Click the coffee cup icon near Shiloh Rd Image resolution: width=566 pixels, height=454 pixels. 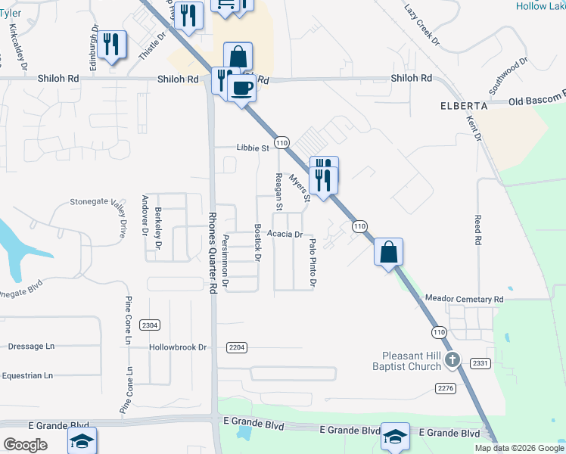241,88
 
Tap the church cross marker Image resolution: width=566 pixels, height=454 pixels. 452,359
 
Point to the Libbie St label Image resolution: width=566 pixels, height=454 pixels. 253,148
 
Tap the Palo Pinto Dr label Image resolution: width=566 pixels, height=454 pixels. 312,263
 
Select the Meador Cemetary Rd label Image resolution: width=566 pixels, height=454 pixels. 465,300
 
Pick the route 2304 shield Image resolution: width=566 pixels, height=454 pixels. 150,325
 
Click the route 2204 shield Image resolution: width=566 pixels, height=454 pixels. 237,347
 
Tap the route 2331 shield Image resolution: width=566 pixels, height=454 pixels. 480,363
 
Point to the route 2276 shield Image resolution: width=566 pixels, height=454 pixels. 446,388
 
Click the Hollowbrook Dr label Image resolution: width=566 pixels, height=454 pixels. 178,347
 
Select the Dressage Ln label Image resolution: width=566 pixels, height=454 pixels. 32,347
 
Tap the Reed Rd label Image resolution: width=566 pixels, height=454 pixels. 477,229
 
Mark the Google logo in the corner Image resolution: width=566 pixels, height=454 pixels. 25,445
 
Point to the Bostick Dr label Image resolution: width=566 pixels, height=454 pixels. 257,243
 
